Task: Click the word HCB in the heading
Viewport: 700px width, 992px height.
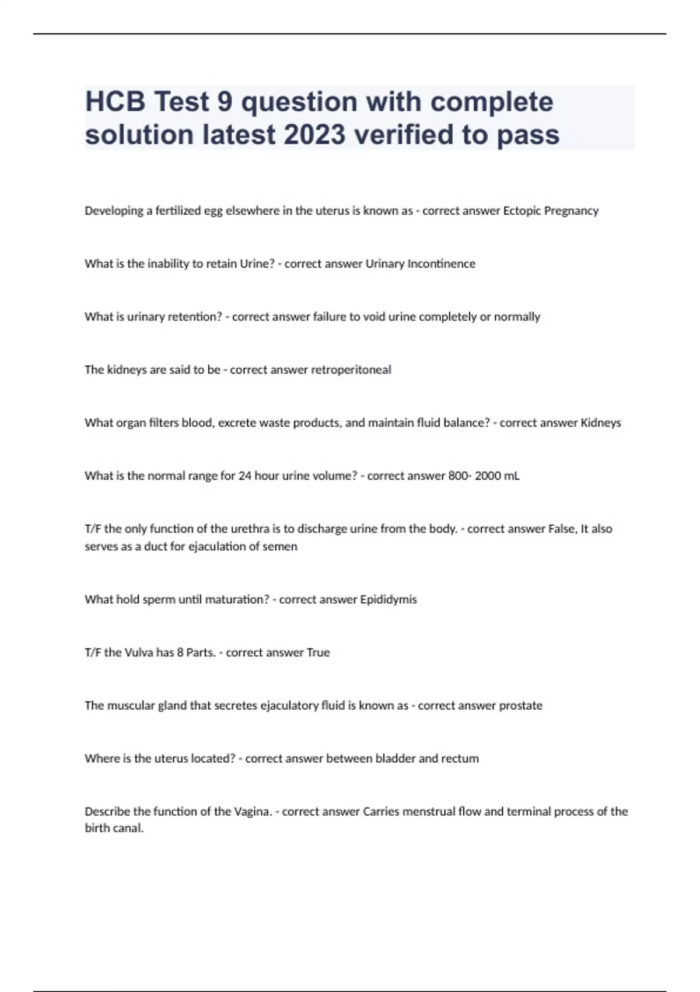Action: pyautogui.click(x=115, y=102)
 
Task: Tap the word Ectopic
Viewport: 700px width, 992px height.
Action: pyautogui.click(x=521, y=211)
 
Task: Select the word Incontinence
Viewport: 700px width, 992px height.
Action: pyautogui.click(x=441, y=264)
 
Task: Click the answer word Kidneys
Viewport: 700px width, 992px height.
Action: pyautogui.click(x=601, y=423)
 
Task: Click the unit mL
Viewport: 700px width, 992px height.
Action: pyautogui.click(x=512, y=476)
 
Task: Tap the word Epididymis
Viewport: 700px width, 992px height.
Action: pyautogui.click(x=388, y=600)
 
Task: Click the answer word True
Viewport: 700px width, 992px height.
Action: pyautogui.click(x=318, y=653)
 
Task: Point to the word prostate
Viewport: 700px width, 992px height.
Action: pyautogui.click(x=516, y=706)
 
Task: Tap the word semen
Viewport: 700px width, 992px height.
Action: pyautogui.click(x=282, y=547)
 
